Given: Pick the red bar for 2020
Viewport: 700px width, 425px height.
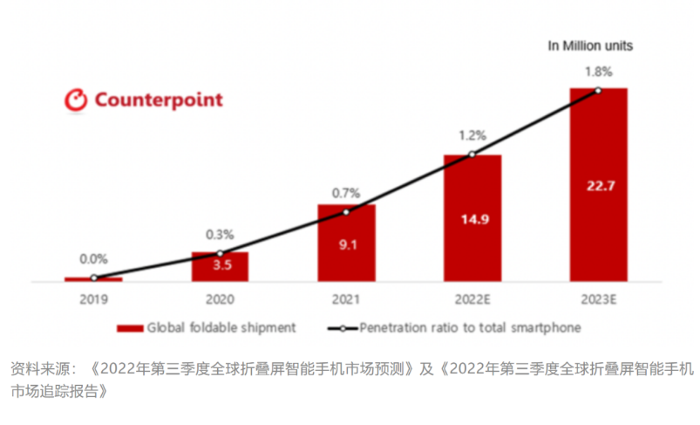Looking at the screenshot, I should point(220,267).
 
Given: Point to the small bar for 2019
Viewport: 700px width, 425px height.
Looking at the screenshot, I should point(93,279).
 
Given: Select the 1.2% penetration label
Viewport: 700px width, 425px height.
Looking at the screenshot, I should point(472,136).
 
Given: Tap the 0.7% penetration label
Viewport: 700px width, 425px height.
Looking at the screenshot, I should point(346,191).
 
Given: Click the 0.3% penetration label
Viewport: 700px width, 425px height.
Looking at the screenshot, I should point(220,234).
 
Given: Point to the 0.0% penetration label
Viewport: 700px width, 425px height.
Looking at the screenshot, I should point(93,259).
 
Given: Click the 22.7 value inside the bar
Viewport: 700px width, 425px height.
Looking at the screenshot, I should point(598,183).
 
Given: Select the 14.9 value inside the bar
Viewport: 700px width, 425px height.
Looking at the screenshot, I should point(472,220).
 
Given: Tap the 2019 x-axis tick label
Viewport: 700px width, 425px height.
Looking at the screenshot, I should point(93,299).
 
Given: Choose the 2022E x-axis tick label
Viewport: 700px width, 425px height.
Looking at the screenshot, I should point(472,299).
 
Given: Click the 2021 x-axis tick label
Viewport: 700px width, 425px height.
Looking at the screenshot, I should point(346,299).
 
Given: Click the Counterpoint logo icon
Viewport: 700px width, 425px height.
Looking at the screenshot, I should point(76,100).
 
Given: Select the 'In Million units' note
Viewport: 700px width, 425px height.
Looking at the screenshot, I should point(590,45).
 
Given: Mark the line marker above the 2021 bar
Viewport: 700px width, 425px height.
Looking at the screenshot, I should point(346,212).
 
